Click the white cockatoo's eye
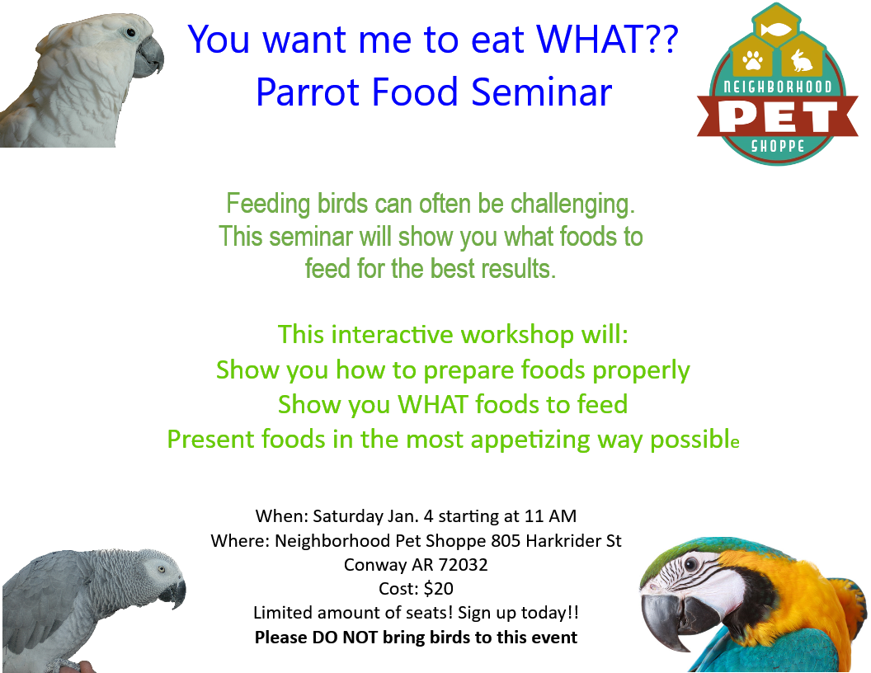pos(130,33)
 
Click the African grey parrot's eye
pos(161,570)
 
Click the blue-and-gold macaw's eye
pos(691,564)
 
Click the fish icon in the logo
pos(776,28)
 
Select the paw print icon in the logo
pos(753,60)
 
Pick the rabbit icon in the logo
pos(801,60)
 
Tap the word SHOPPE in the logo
pos(778,146)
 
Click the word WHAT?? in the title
pos(607,40)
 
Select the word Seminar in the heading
pos(542,92)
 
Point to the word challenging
pos(572,205)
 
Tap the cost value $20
pos(438,589)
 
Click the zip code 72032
pos(464,565)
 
